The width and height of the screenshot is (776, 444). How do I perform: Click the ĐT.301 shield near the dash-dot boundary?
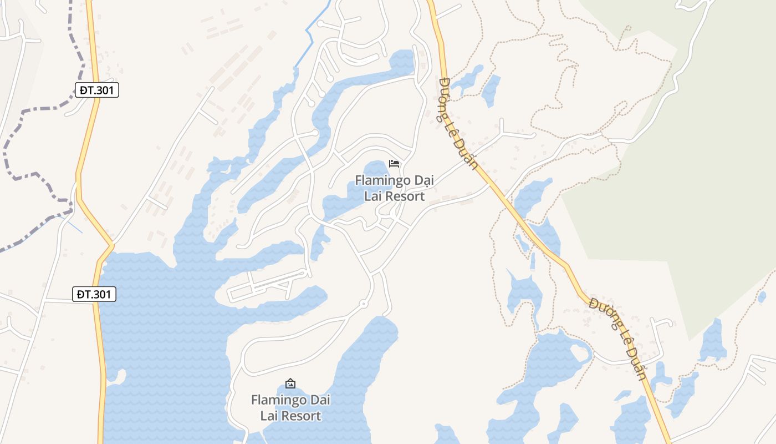pyautogui.click(x=97, y=90)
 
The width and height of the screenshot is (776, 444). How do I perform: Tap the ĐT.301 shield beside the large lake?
pyautogui.click(x=94, y=294)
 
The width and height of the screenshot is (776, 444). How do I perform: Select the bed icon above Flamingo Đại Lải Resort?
pyautogui.click(x=394, y=163)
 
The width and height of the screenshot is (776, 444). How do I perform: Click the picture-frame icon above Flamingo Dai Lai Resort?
pyautogui.click(x=290, y=384)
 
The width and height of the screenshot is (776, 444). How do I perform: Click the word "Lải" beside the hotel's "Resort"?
pyautogui.click(x=372, y=196)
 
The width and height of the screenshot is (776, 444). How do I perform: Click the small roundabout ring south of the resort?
pyautogui.click(x=363, y=304)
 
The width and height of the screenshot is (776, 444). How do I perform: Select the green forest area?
pyautogui.click(x=693, y=194)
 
